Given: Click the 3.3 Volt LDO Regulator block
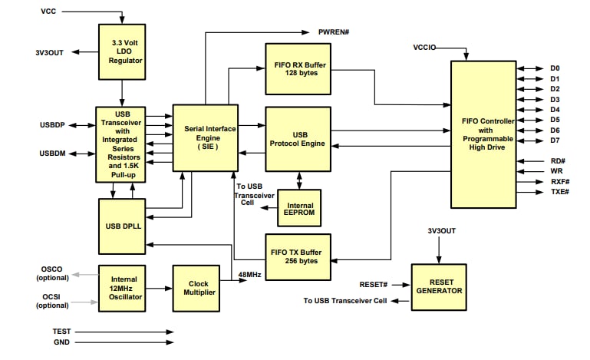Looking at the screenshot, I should (121, 51).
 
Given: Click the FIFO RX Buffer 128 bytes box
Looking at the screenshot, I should (298, 68).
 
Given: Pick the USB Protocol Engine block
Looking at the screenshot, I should (298, 139).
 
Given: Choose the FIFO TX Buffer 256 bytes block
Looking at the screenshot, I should (298, 256).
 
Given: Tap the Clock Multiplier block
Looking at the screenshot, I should (196, 288).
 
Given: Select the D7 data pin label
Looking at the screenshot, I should (555, 140).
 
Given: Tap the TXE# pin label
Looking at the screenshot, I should (559, 191).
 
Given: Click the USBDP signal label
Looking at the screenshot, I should (54, 125).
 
